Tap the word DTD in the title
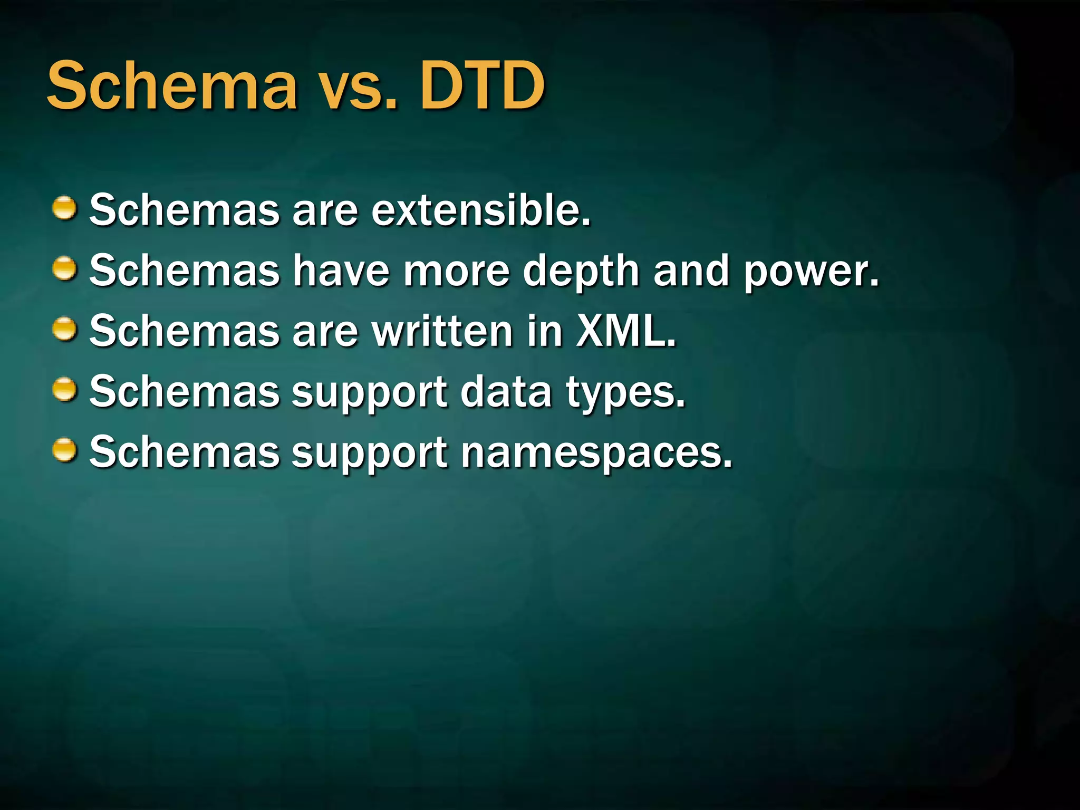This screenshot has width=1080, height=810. [x=482, y=86]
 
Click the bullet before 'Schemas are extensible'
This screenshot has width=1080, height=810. [x=65, y=208]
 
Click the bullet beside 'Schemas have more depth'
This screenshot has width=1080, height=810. [x=65, y=269]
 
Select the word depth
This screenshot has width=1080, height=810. [x=581, y=272]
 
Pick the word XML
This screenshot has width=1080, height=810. [x=626, y=331]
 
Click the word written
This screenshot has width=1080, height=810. [x=442, y=331]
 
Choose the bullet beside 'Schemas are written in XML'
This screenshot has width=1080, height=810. [x=65, y=330]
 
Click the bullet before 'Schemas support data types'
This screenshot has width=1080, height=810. [x=65, y=390]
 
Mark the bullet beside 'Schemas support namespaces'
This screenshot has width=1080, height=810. [x=65, y=451]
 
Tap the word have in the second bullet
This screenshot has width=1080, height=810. [x=341, y=271]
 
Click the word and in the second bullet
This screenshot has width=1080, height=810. [x=691, y=271]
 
